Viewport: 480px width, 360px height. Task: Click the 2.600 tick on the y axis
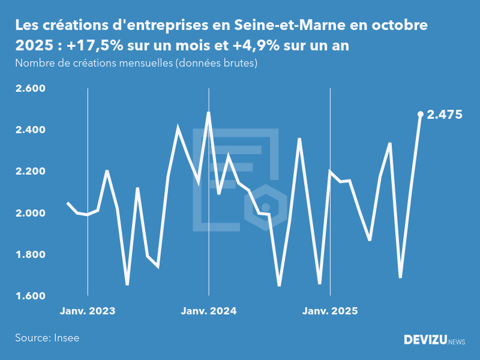tap(29, 89)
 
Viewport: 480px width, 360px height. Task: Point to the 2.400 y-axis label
tap(29, 130)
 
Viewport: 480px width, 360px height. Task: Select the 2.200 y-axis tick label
tap(29, 172)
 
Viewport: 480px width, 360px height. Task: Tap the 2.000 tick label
tap(29, 213)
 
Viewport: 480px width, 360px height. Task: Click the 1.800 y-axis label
tap(29, 255)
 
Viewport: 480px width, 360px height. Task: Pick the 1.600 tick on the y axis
tap(29, 296)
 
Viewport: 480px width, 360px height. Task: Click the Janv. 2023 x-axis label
tap(88, 311)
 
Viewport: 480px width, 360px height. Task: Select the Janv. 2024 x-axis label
tap(209, 311)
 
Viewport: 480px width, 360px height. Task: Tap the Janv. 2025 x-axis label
tap(329, 311)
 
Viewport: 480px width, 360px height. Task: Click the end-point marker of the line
tap(420, 114)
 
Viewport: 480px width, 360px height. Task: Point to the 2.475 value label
tap(445, 115)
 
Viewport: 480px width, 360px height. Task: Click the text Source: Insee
tap(47, 338)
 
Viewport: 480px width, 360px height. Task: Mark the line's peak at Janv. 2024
tap(208, 112)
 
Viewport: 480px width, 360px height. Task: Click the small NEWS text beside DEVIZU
tap(457, 342)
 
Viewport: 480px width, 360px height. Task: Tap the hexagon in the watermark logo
tap(266, 207)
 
